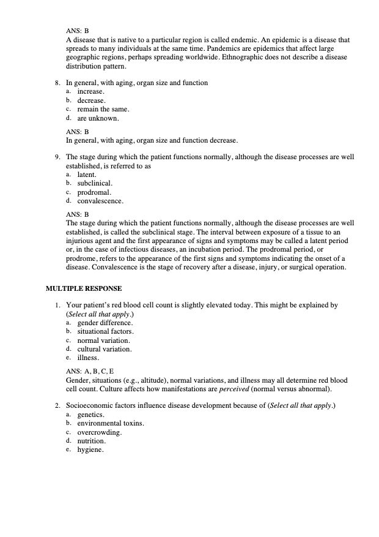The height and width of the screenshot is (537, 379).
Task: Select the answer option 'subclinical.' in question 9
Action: [x=95, y=183]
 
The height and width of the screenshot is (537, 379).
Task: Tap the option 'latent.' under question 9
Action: [x=87, y=175]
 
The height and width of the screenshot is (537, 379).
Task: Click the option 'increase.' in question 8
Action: [x=90, y=91]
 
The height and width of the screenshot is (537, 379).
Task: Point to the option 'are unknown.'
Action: [x=98, y=118]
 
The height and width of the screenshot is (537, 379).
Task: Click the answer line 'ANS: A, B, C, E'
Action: [x=90, y=371]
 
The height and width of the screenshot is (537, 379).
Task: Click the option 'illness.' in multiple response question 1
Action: [x=88, y=358]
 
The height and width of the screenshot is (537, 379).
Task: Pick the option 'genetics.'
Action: [x=91, y=415]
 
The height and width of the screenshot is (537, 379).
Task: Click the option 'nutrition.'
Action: [x=92, y=441]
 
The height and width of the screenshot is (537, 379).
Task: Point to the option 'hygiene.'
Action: [x=90, y=450]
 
